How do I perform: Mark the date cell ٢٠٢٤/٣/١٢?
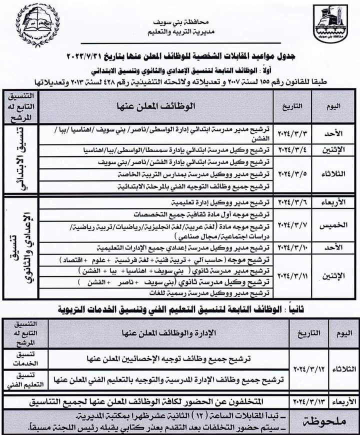point(309,368)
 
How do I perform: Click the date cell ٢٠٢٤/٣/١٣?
point(309,401)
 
